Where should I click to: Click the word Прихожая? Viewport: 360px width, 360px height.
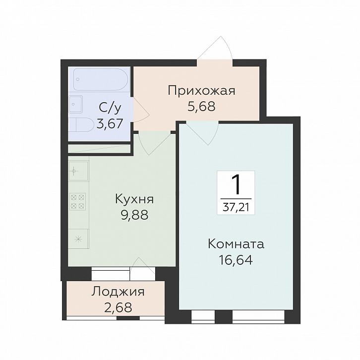click(201, 91)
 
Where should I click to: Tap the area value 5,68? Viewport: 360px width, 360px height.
click(201, 106)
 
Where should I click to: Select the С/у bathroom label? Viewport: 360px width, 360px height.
click(110, 108)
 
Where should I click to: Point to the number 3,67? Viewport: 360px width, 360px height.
click(109, 124)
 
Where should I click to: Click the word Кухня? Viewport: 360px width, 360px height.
click(134, 199)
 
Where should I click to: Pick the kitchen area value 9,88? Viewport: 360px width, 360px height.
click(134, 215)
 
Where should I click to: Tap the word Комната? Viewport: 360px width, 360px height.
click(236, 244)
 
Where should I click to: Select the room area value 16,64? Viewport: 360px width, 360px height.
click(236, 260)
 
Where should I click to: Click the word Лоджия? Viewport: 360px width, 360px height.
click(118, 292)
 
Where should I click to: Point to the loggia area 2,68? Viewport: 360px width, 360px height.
click(118, 307)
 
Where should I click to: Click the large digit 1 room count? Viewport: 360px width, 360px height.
click(236, 184)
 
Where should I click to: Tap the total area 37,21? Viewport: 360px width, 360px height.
click(236, 208)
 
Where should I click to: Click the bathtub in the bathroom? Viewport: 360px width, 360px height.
click(100, 79)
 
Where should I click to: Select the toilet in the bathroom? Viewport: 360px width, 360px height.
click(81, 125)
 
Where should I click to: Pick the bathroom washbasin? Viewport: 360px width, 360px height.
click(75, 104)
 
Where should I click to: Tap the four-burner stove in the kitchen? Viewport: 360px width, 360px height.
click(77, 201)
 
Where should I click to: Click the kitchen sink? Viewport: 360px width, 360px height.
click(78, 171)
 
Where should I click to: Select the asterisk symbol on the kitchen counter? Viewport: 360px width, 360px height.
click(78, 240)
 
